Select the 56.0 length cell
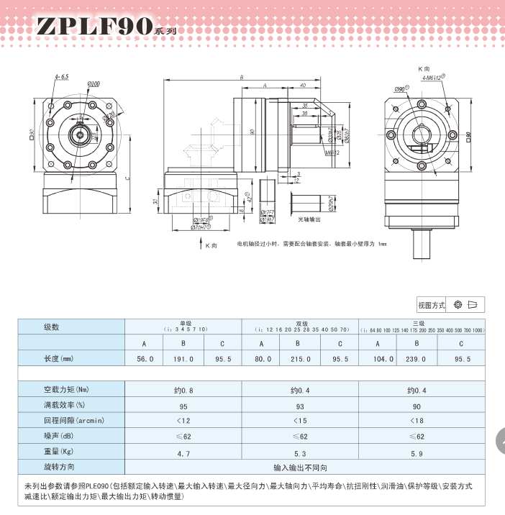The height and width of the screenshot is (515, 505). [145, 359]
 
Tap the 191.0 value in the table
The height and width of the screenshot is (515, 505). [183, 359]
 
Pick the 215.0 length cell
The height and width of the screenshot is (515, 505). [300, 359]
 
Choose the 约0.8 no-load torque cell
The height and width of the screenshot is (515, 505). [183, 391]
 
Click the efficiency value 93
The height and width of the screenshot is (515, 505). [300, 406]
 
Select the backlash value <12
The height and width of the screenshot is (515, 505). [183, 421]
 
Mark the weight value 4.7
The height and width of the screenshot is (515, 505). [183, 454]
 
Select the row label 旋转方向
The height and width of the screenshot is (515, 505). [60, 468]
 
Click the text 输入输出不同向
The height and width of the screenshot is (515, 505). [300, 468]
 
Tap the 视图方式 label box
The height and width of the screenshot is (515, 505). [432, 305]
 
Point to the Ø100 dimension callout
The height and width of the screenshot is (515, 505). [94, 84]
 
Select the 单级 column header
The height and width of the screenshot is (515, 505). [183, 324]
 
